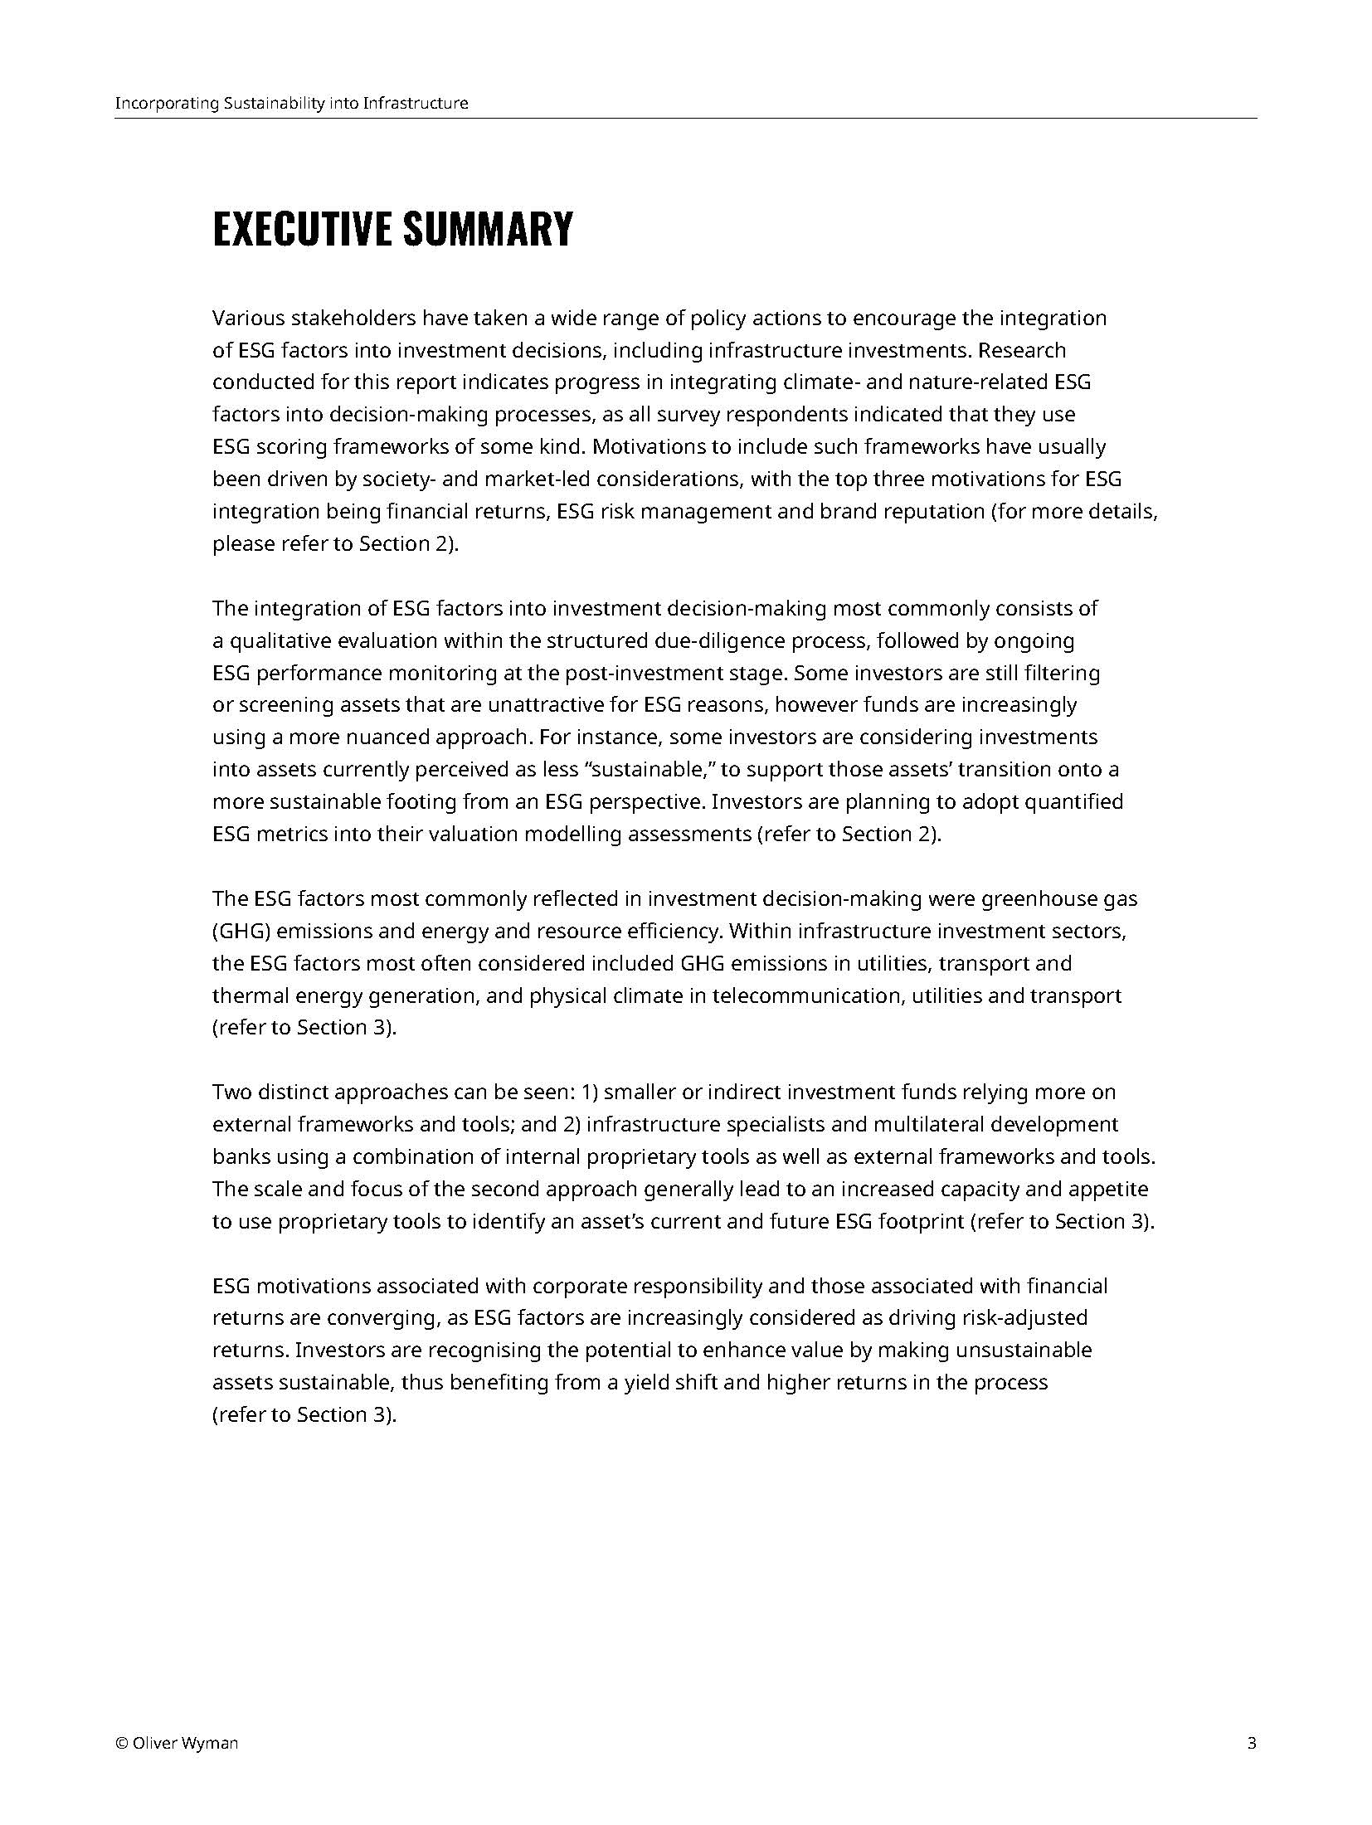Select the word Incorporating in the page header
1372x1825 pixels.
click(x=166, y=104)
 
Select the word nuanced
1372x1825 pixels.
click(x=387, y=738)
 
